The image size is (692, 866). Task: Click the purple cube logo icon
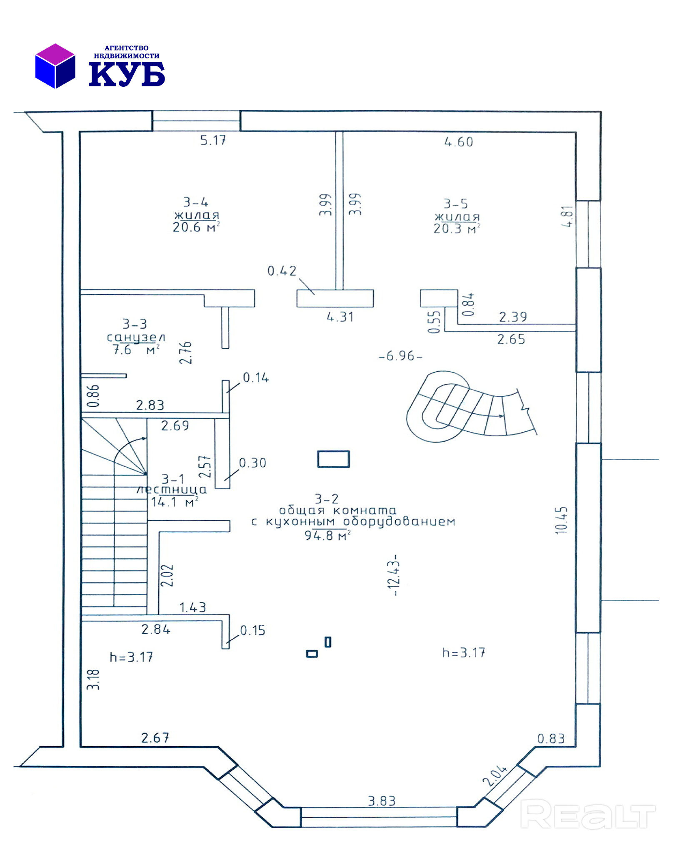[55, 66]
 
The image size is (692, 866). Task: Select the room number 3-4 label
[196, 202]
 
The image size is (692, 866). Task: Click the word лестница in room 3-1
[172, 490]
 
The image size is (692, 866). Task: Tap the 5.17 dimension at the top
[213, 141]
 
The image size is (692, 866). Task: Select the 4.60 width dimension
[458, 142]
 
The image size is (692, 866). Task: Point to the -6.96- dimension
[400, 356]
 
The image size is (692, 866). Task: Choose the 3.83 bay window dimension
[381, 801]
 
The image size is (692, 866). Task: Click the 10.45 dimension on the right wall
[561, 520]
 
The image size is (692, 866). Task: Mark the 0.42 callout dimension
[282, 271]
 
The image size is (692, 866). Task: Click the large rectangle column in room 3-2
[333, 459]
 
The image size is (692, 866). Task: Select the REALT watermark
[587, 814]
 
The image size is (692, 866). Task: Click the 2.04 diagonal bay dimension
[494, 776]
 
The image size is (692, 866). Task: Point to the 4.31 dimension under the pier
[340, 317]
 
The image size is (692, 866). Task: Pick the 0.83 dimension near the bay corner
[550, 739]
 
